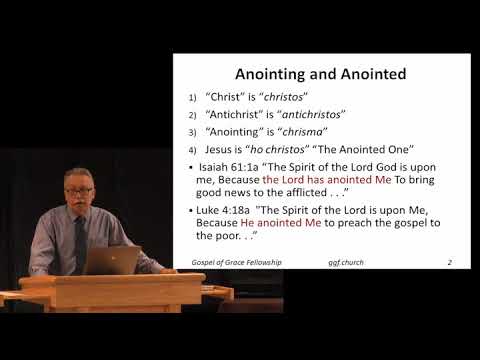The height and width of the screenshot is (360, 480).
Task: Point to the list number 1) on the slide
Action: tap(193, 99)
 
